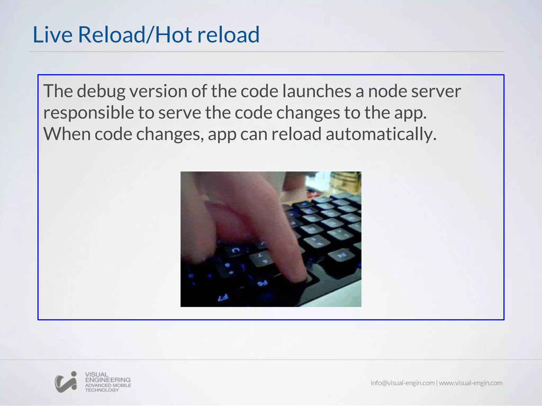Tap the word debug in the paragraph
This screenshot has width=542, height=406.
pos(101,91)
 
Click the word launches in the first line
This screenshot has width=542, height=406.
pos(317,91)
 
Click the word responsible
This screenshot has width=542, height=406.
pos(89,113)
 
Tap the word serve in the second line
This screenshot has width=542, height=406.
pos(180,113)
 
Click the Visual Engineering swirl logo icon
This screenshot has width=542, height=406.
pos(66,382)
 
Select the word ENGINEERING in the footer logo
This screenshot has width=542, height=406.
pos(108,380)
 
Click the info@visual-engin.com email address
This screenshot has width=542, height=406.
pos(403,383)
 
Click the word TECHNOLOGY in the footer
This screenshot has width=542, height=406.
pos(102,390)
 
